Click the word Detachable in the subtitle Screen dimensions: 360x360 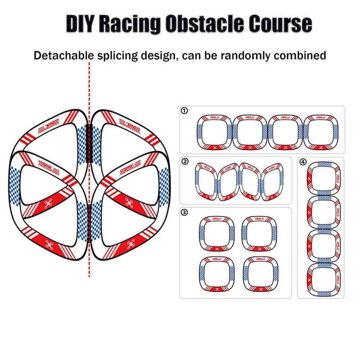tap(64, 56)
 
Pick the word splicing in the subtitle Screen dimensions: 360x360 tap(115, 56)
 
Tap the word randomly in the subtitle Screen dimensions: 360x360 tap(248, 56)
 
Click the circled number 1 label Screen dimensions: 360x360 tap(184, 110)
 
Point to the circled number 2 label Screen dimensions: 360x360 tap(184, 161)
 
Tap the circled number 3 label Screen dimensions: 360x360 tap(184, 212)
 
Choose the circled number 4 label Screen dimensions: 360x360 tap(302, 161)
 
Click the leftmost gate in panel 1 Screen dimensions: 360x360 tap(214, 132)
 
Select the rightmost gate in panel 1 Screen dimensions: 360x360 tap(320, 132)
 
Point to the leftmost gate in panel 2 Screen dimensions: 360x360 tap(206, 181)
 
